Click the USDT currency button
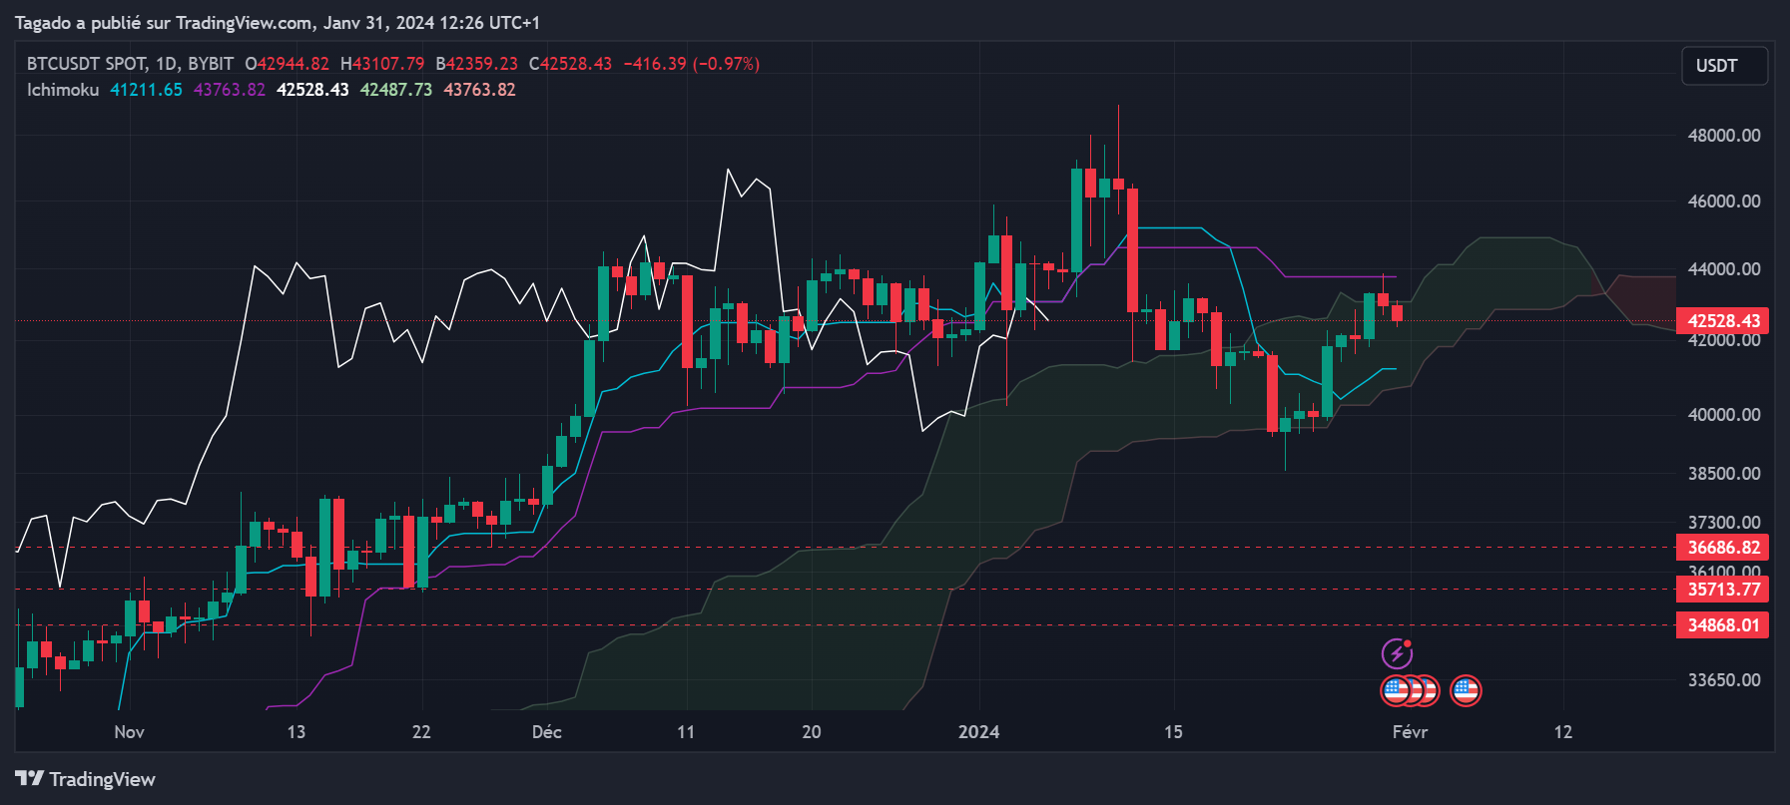pyautogui.click(x=1724, y=66)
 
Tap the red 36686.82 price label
pyautogui.click(x=1722, y=548)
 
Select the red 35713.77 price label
pyautogui.click(x=1722, y=590)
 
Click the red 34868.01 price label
pyautogui.click(x=1722, y=625)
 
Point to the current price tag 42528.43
pyautogui.click(x=1722, y=321)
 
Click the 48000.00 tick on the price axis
pyautogui.click(x=1723, y=136)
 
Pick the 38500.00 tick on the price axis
pyautogui.click(x=1723, y=474)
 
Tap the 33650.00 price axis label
pyautogui.click(x=1723, y=680)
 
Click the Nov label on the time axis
pyautogui.click(x=129, y=732)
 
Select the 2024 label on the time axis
pyautogui.click(x=978, y=732)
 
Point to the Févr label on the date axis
pyautogui.click(x=1410, y=732)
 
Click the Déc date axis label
pyautogui.click(x=547, y=732)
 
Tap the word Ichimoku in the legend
pyautogui.click(x=63, y=90)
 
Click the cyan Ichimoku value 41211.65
pyautogui.click(x=146, y=90)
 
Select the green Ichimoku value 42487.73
pyautogui.click(x=395, y=90)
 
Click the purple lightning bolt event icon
pyautogui.click(x=1397, y=654)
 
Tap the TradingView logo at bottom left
pyautogui.click(x=85, y=779)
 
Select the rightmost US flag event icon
pyautogui.click(x=1466, y=690)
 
